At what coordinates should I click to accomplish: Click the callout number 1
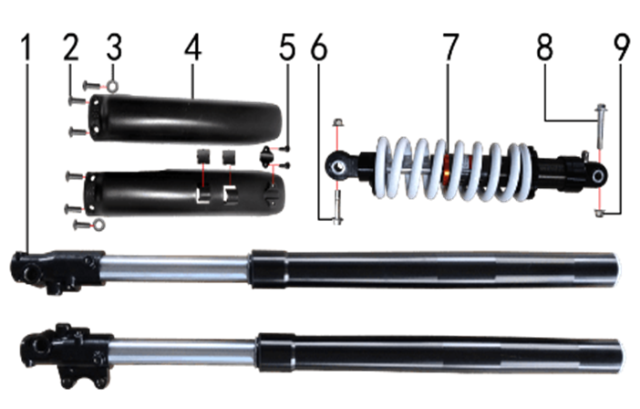pos(26,47)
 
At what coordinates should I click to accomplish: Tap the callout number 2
pos(71,47)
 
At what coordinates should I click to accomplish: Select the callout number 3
pos(114,47)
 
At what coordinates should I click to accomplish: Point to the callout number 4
pos(192,47)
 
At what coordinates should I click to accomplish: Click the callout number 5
pos(287,47)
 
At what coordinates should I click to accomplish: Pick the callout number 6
pos(319,47)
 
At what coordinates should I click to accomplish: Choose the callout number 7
pos(450,47)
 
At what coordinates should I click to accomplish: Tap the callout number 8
pos(545,47)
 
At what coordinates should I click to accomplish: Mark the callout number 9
pos(622,47)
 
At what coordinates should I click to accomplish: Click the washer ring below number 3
pos(113,86)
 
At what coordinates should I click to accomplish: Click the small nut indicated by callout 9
pos(599,213)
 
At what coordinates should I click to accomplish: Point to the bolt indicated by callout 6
pos(337,207)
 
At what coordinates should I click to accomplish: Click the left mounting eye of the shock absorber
pos(337,167)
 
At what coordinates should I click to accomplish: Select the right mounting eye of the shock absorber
pos(598,177)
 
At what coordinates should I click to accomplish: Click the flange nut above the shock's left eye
pos(337,122)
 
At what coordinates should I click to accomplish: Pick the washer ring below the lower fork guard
pos(98,225)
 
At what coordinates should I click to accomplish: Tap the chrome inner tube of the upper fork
pos(176,268)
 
